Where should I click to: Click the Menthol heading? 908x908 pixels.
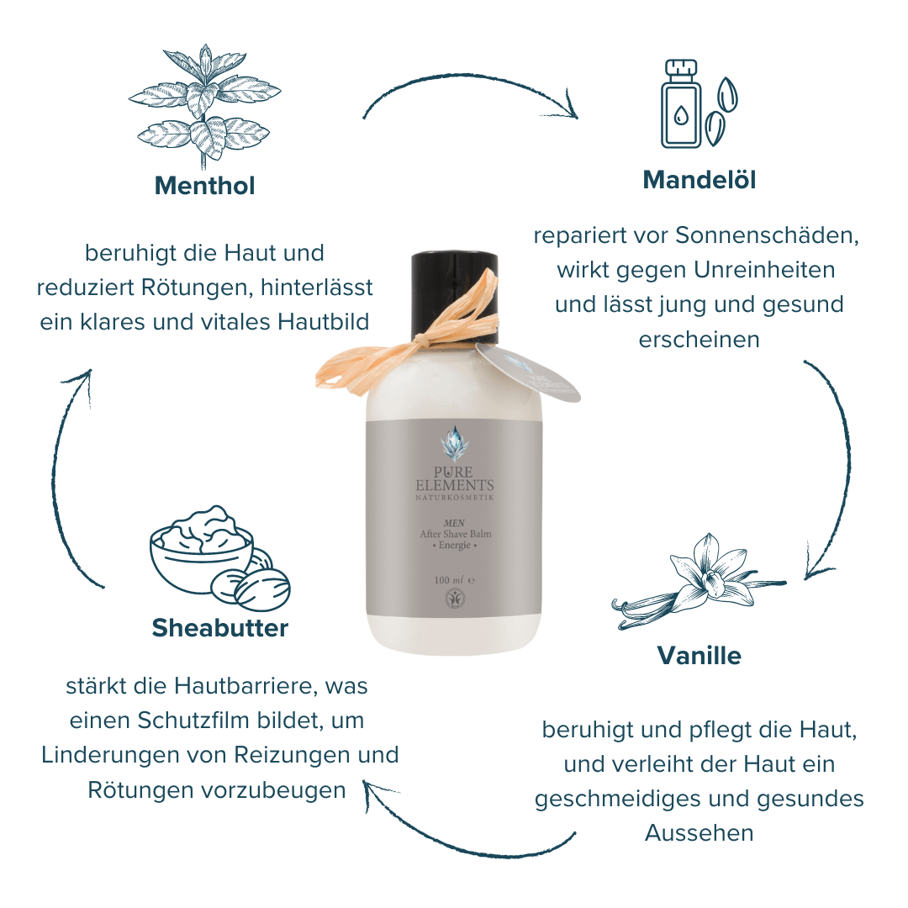coord(204,186)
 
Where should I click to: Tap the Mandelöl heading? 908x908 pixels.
coord(699,180)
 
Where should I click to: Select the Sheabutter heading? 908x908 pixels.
coord(220,628)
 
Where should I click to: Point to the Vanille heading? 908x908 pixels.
coord(699,656)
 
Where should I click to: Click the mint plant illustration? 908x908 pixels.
coord(203,104)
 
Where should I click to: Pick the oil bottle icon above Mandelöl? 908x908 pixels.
coord(681,104)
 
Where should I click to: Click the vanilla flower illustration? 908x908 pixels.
coord(698,581)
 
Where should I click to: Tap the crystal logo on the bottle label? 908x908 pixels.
coord(455,444)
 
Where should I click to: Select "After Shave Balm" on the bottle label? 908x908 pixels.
coord(455,534)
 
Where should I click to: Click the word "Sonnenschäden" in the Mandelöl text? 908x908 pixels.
coord(767,235)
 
